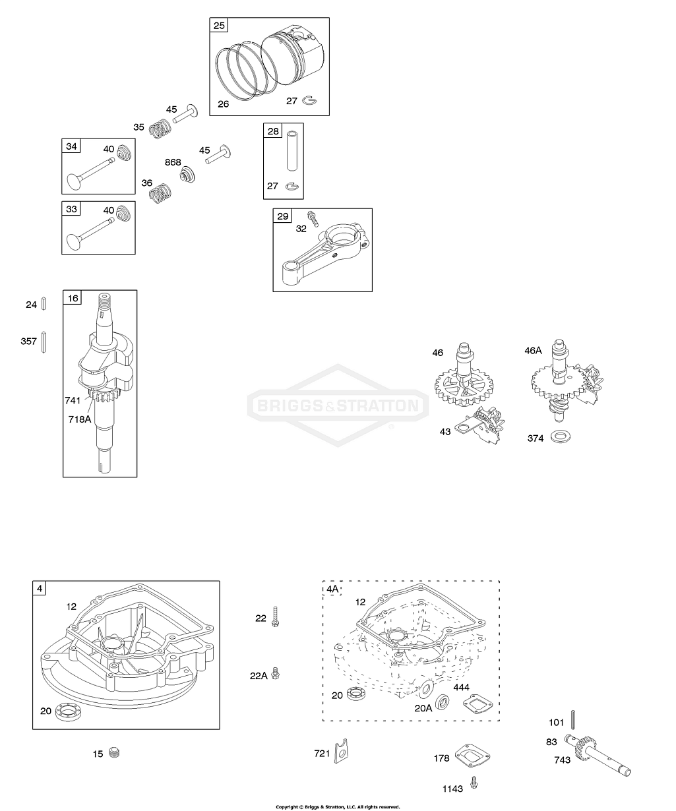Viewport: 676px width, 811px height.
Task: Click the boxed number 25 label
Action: pyautogui.click(x=219, y=26)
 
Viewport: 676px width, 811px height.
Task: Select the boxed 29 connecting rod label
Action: pyautogui.click(x=282, y=217)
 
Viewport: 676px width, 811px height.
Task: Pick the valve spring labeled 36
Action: pyautogui.click(x=158, y=193)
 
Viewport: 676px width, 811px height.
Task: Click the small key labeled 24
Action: pyautogui.click(x=44, y=304)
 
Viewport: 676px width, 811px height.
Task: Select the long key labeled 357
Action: pyautogui.click(x=44, y=341)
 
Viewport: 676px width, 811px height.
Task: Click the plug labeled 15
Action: pyautogui.click(x=115, y=752)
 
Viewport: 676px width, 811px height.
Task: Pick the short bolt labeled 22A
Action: pyautogui.click(x=275, y=675)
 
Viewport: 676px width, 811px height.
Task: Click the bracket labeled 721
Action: pyautogui.click(x=342, y=751)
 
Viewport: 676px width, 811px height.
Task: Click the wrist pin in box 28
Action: pyautogui.click(x=293, y=151)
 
